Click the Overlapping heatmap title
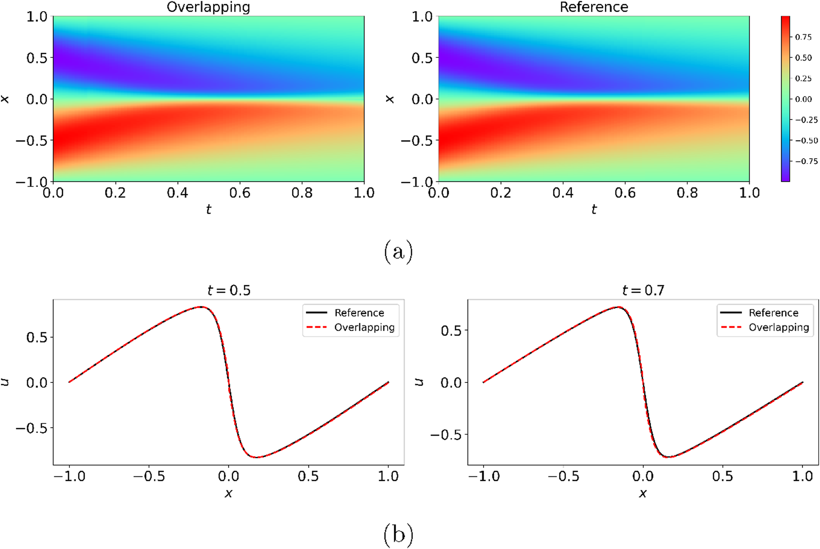[208, 7]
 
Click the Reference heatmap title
[594, 7]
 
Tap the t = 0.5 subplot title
[229, 290]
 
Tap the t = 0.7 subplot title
[643, 290]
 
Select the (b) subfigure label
[398, 534]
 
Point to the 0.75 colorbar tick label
[803, 37]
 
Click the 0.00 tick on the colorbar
[803, 99]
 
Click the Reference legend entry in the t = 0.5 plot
[359, 313]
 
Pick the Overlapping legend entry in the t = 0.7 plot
[779, 328]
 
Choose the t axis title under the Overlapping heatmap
[208, 210]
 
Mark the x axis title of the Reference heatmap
[390, 99]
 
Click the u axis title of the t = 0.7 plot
[419, 382]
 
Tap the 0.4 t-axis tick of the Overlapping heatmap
[177, 193]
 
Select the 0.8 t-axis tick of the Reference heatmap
[687, 193]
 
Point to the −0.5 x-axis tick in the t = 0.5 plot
[149, 476]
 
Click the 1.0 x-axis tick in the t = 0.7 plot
[802, 476]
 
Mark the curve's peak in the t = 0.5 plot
[201, 307]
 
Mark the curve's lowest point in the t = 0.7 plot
[670, 457]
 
